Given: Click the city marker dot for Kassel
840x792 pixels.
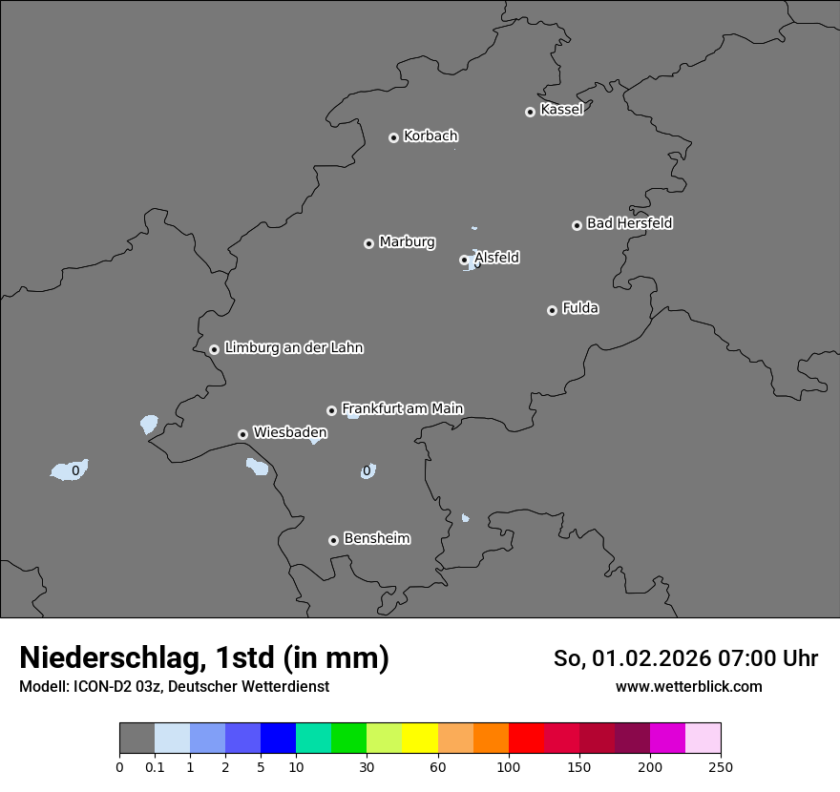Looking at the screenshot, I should [530, 112].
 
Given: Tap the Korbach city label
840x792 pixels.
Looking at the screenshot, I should [430, 136].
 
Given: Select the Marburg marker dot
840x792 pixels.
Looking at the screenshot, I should [368, 243].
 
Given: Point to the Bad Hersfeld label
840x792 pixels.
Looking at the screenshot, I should [629, 223].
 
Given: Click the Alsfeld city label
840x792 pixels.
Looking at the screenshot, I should [496, 258].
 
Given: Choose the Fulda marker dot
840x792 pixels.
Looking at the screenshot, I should [552, 310].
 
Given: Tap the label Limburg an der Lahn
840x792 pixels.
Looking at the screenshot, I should [293, 348].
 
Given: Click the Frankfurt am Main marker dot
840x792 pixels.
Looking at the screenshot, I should [331, 410].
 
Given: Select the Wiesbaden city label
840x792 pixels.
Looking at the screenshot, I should [289, 433].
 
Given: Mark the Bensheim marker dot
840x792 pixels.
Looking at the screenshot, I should [333, 540].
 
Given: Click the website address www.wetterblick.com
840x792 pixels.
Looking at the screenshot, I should [688, 687].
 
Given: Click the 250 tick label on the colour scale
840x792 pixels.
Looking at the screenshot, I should [721, 766].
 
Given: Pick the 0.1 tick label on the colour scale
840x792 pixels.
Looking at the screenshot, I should [155, 766].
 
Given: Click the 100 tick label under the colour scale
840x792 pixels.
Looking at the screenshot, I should [509, 766].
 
